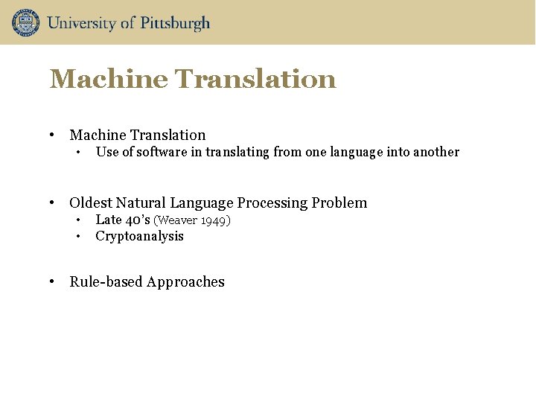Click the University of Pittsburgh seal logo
(25, 22)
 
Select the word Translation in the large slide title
(255, 79)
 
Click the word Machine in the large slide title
(109, 79)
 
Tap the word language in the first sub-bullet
(345, 152)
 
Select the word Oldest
(91, 202)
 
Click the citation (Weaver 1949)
(192, 220)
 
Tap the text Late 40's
(123, 220)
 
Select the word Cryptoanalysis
(139, 236)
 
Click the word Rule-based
(106, 281)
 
